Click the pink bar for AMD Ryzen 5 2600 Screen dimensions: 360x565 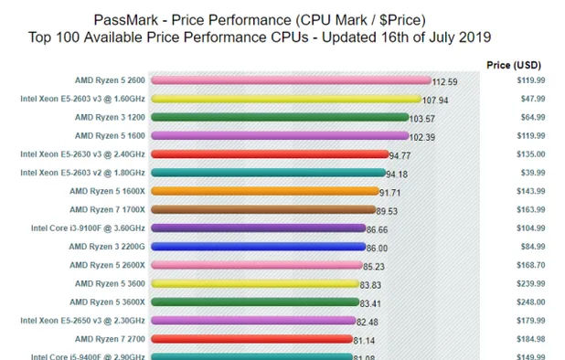click(x=289, y=80)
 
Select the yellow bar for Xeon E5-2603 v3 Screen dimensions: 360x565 click(x=285, y=99)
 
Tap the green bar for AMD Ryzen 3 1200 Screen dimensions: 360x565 click(x=279, y=117)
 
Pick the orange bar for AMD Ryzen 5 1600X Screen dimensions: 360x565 click(x=264, y=191)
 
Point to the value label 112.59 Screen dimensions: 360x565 click(x=445, y=82)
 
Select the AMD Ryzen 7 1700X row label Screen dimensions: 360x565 click(x=107, y=209)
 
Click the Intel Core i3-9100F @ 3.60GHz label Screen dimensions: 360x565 click(x=87, y=228)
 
